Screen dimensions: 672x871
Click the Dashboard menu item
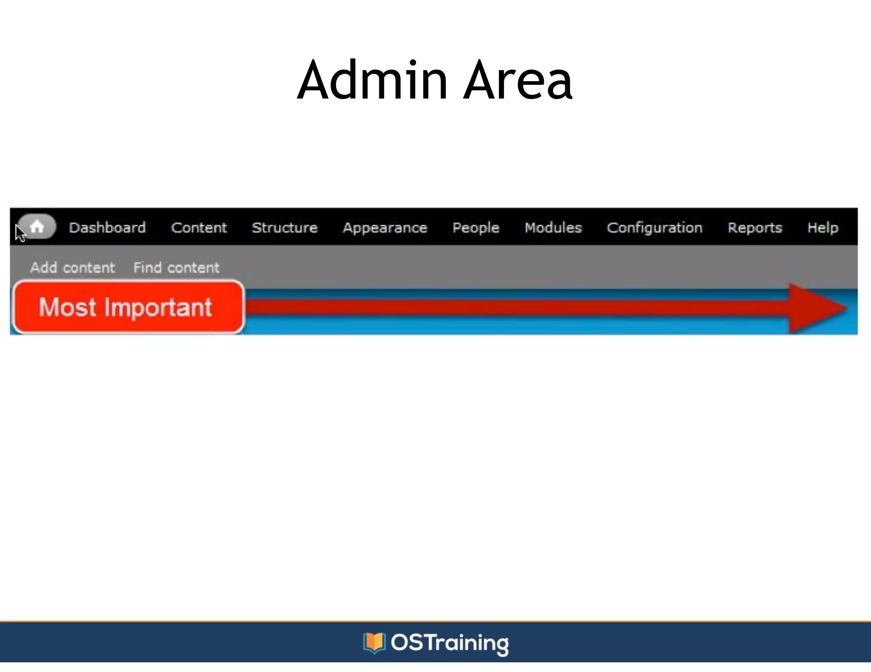point(107,228)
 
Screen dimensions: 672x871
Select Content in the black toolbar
point(199,228)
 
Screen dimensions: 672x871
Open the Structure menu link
point(285,228)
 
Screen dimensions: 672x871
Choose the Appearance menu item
point(385,228)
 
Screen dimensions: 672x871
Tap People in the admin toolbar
point(475,228)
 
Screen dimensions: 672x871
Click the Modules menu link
point(553,228)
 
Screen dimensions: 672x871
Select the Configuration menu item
point(655,228)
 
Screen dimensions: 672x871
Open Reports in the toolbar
point(755,228)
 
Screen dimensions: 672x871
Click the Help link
point(823,228)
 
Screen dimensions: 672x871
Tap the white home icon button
point(37,226)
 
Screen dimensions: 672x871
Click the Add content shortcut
point(72,268)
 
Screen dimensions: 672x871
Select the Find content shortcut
point(176,268)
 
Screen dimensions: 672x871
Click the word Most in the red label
point(67,307)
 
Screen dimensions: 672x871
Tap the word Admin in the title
point(372,81)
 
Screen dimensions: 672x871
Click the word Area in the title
point(518,81)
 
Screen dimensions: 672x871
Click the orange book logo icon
point(374,642)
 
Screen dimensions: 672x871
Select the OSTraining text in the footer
point(450,643)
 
